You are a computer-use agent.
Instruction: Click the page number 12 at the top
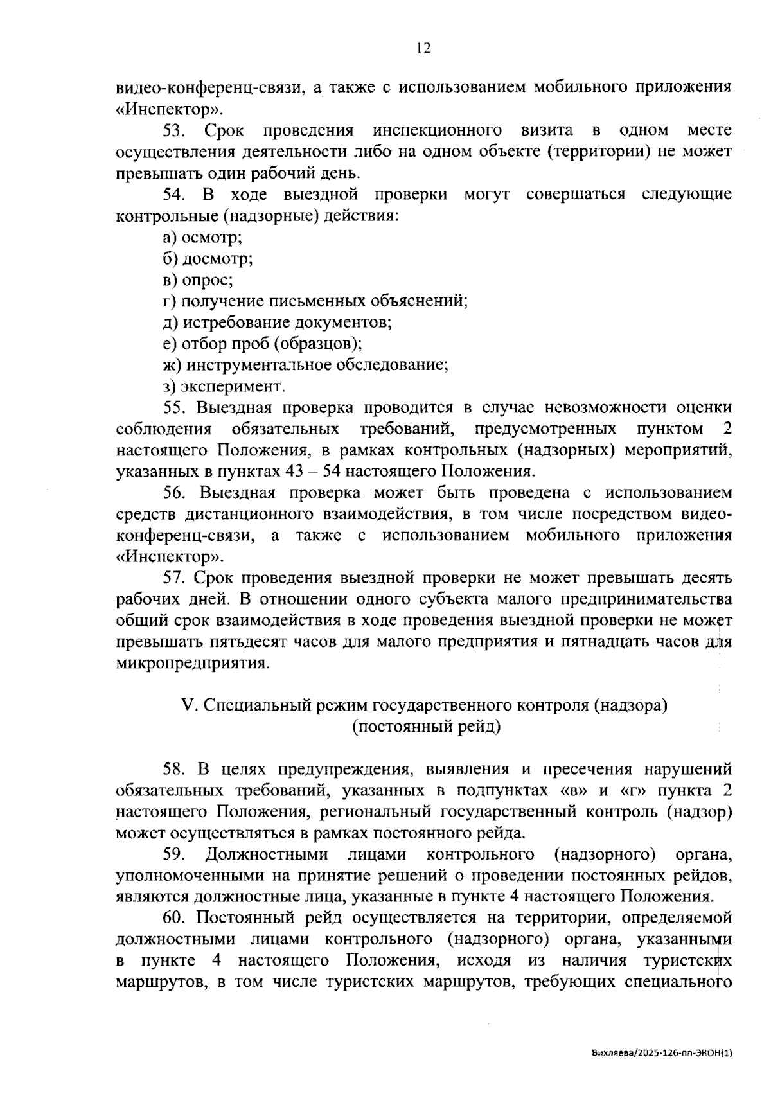(423, 49)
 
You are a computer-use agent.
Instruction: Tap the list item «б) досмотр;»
(207, 259)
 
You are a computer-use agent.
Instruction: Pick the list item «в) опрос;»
(197, 280)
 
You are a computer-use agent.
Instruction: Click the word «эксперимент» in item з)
(232, 387)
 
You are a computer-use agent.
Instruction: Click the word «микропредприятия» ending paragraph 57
(191, 663)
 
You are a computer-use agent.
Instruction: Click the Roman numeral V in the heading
(188, 705)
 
